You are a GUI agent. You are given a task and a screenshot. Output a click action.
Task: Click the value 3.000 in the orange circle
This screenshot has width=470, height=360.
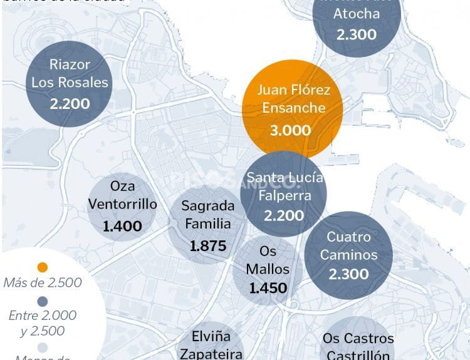click(x=290, y=130)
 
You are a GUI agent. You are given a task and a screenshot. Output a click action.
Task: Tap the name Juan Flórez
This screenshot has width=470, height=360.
click(x=293, y=90)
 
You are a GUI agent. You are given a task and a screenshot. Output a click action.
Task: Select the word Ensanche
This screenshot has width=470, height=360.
click(x=293, y=108)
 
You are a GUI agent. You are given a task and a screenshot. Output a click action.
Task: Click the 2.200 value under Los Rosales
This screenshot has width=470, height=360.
click(x=70, y=104)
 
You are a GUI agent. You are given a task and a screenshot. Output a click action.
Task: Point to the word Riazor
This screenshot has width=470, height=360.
click(x=70, y=64)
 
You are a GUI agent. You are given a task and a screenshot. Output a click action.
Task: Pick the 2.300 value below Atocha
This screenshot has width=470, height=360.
click(x=356, y=34)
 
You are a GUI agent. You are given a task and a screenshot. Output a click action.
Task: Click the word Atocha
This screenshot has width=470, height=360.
click(x=356, y=14)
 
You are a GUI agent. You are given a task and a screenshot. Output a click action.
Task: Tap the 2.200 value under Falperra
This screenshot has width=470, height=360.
click(x=284, y=215)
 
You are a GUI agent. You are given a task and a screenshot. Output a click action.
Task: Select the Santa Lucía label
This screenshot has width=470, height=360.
click(x=285, y=177)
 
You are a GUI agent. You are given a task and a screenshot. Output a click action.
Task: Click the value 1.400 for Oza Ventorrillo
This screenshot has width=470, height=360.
click(x=122, y=226)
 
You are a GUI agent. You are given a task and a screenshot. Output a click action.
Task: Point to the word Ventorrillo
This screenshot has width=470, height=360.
click(x=122, y=204)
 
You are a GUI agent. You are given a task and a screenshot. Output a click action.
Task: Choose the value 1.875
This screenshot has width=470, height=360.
click(x=207, y=246)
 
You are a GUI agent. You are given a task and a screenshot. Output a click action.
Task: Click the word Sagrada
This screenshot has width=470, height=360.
click(x=207, y=205)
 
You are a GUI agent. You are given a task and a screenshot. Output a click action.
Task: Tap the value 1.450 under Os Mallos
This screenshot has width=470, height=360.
click(x=268, y=288)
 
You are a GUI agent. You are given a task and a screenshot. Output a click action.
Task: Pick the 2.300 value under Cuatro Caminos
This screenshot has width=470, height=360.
click(x=348, y=274)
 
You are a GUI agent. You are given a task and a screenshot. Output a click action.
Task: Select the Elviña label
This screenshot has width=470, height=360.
click(x=207, y=335)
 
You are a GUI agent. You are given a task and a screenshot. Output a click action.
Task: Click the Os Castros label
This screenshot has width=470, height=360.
click(x=358, y=338)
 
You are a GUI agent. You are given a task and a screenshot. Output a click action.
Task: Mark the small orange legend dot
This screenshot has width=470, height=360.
click(x=42, y=266)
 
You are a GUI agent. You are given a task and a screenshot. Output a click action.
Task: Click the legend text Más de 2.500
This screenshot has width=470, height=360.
click(x=42, y=282)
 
